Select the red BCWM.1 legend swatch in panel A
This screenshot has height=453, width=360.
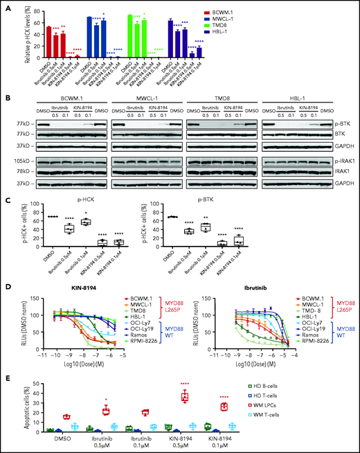[283, 12]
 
